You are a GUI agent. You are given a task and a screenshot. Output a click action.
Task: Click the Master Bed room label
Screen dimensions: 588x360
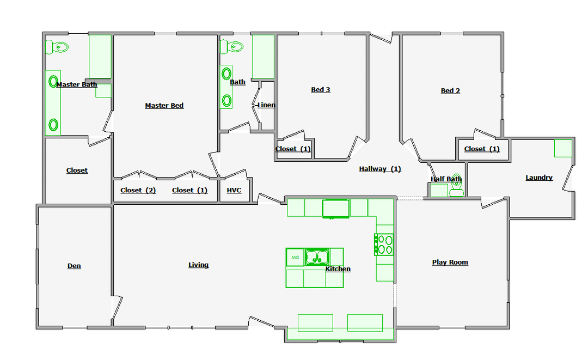164,106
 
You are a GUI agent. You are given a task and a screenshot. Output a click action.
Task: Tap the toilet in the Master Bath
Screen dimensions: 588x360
57,47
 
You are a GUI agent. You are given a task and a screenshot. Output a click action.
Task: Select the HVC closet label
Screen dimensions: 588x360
234,191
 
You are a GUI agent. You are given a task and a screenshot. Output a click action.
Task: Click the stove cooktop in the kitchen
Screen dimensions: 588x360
384,245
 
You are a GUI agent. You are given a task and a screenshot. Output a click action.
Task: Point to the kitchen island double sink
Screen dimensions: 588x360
317,257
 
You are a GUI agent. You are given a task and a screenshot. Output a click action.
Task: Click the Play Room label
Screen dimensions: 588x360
450,263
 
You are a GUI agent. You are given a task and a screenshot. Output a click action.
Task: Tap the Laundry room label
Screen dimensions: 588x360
539,178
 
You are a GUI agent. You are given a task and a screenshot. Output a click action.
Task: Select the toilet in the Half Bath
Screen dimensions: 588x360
456,185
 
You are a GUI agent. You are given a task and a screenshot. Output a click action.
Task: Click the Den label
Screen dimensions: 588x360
74,266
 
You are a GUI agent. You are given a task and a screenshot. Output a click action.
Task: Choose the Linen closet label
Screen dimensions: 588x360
266,105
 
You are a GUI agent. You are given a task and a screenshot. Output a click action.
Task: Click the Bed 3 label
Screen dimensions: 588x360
321,90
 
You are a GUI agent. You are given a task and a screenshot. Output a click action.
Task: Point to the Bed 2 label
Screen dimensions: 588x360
450,91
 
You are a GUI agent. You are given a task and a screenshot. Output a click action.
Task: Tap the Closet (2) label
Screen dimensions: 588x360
138,191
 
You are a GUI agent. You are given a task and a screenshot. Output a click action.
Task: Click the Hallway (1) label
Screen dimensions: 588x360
380,169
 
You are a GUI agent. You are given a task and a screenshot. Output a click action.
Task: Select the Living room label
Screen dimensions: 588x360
198,265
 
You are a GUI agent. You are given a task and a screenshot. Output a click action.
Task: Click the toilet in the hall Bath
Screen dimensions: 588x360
232,47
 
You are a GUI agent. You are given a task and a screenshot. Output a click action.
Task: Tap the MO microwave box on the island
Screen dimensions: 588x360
295,257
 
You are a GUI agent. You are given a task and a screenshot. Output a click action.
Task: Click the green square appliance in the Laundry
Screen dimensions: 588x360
563,148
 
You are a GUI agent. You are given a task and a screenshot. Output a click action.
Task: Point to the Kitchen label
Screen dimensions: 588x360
338,269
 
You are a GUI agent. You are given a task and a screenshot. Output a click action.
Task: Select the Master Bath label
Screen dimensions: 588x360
77,85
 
